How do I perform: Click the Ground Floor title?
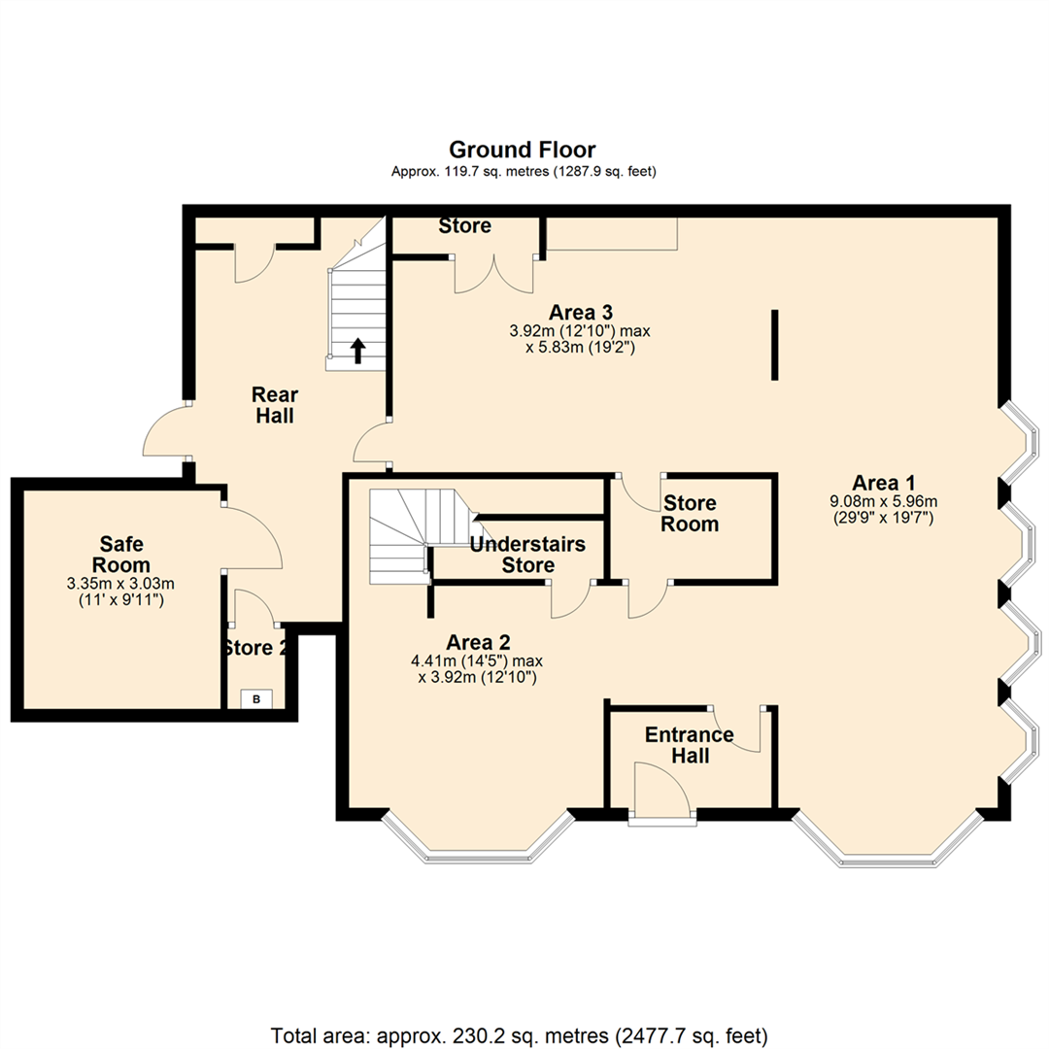pyautogui.click(x=522, y=150)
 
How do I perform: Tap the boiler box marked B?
pyautogui.click(x=256, y=698)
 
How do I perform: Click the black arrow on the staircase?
pyautogui.click(x=357, y=351)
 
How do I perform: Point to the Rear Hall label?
pyautogui.click(x=274, y=405)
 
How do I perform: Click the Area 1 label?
pyautogui.click(x=884, y=483)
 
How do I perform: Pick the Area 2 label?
pyautogui.click(x=478, y=642)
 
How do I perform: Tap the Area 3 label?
pyautogui.click(x=580, y=312)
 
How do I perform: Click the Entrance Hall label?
pyautogui.click(x=690, y=744)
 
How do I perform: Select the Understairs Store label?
pyautogui.click(x=526, y=555)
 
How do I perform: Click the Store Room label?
pyautogui.click(x=691, y=514)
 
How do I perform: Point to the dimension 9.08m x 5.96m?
pyautogui.click(x=884, y=502)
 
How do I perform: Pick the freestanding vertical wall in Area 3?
pyautogui.click(x=774, y=345)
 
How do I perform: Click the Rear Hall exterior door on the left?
pyautogui.click(x=163, y=434)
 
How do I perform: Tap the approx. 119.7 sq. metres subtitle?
pyautogui.click(x=523, y=172)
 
